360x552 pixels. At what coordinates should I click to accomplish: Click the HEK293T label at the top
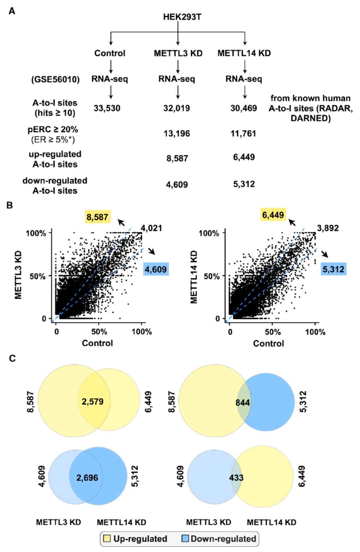point(182,17)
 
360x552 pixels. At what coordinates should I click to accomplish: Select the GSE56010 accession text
point(55,79)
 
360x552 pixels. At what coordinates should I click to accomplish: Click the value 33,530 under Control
point(107,108)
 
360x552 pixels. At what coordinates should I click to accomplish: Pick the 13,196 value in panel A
point(177,133)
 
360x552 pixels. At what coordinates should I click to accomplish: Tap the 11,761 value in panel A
point(243,133)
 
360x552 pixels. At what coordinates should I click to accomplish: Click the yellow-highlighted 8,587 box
point(98,217)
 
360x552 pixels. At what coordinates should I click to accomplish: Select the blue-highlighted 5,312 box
point(333,269)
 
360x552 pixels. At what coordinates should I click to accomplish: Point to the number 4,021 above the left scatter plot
point(151,228)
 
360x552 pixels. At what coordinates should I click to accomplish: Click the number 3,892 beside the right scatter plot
point(328,228)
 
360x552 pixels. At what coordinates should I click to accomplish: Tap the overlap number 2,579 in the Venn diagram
point(93,402)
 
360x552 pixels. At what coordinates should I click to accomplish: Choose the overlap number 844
point(243,402)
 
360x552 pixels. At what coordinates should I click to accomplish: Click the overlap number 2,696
point(87,478)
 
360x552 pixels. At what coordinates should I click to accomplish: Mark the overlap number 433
point(236,478)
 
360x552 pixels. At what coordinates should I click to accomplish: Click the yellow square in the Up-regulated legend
point(107,539)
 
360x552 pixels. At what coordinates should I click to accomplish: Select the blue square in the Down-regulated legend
point(185,539)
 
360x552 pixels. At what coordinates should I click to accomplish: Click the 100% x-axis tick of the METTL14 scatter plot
point(315,332)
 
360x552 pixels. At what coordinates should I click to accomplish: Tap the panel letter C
point(12,358)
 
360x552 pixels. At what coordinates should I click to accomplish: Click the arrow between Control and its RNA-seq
point(111,66)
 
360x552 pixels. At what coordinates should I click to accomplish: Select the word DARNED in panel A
point(311,118)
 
